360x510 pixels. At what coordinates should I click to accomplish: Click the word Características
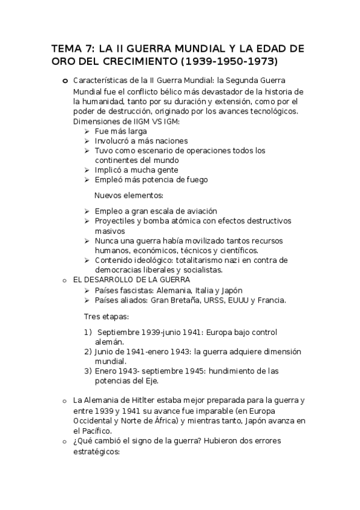97,81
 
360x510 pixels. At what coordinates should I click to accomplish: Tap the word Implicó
109,170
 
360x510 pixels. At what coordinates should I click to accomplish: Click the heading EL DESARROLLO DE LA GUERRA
131,280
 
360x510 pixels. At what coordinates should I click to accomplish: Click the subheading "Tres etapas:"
106,316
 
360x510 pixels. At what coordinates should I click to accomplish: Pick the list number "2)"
88,351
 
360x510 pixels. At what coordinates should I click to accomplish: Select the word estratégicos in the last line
96,450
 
